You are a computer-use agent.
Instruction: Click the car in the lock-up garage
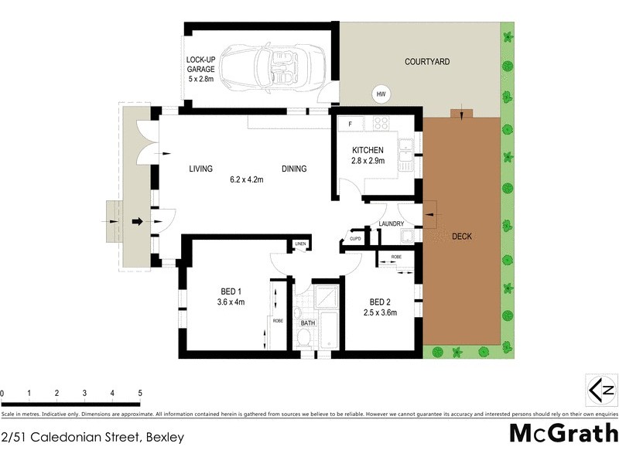pos(263,67)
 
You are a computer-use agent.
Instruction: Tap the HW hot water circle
pos(381,94)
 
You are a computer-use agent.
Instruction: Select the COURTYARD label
pos(427,61)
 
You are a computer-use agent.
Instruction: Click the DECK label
pos(461,237)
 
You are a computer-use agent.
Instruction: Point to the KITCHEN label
pos(368,150)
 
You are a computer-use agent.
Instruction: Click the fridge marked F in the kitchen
pos(351,124)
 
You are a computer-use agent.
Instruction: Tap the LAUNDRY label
pos(392,224)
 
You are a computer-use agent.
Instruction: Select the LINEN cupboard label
pos(301,245)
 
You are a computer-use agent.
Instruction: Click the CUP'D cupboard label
pos(355,239)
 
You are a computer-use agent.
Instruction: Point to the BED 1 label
pos(231,292)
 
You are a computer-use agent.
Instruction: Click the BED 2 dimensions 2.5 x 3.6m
pos(380,313)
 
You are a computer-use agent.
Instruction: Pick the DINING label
pos(294,169)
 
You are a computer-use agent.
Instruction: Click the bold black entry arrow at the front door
pos(138,222)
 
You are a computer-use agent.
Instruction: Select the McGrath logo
pos(563,434)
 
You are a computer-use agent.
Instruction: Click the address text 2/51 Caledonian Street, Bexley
pos(93,438)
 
